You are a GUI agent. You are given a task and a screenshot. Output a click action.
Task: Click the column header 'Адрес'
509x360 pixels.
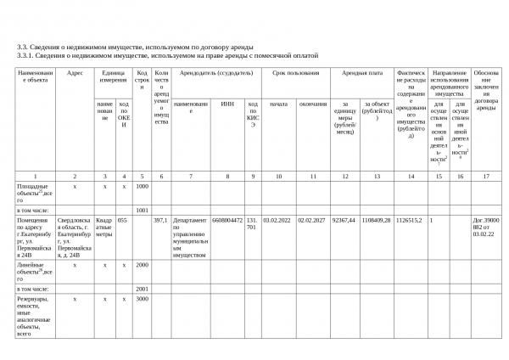pyautogui.click(x=75, y=73)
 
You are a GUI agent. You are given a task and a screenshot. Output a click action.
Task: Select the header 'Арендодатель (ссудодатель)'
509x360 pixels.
pyautogui.click(x=215, y=73)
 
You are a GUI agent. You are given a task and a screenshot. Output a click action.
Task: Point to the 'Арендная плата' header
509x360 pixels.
pyautogui.click(x=361, y=73)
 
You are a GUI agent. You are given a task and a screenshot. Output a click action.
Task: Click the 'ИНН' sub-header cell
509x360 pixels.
pyautogui.click(x=227, y=104)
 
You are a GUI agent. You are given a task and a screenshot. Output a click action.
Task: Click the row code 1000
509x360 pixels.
pyautogui.click(x=142, y=186)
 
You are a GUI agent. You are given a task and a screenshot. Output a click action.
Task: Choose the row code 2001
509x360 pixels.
pyautogui.click(x=142, y=288)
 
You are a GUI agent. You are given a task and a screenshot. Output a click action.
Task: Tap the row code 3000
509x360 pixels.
pyautogui.click(x=142, y=299)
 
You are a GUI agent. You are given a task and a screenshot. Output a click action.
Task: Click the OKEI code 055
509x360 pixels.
pyautogui.click(x=122, y=219)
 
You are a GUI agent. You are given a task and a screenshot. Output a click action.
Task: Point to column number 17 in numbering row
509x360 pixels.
pyautogui.click(x=486, y=176)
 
